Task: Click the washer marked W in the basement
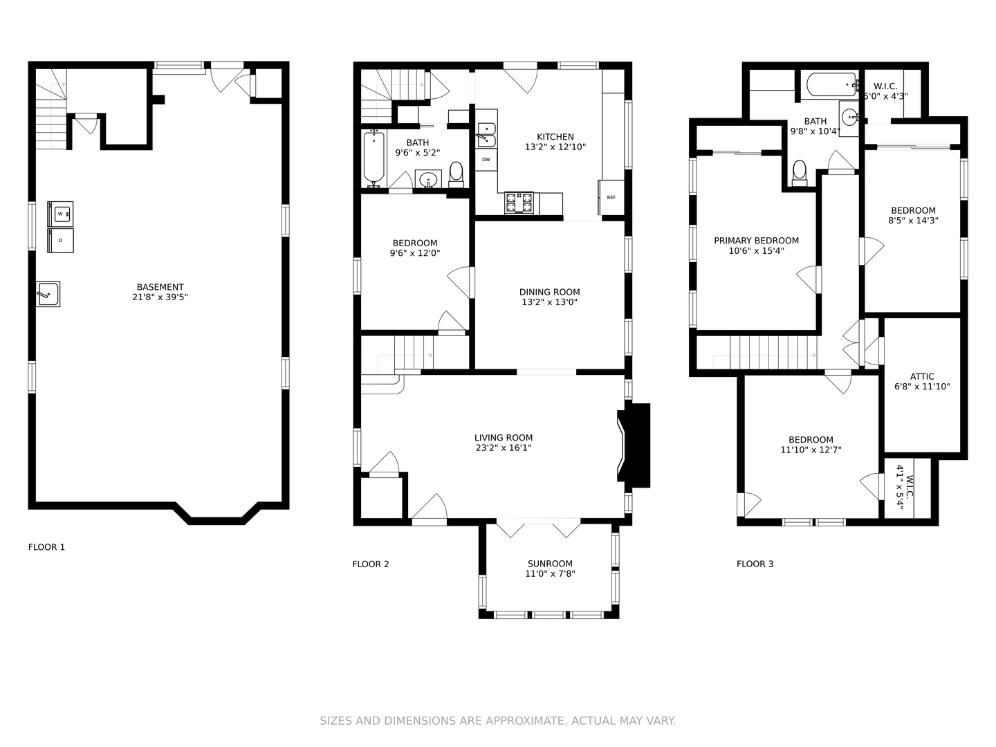click(60, 214)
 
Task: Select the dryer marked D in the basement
click(60, 241)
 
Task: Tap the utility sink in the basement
click(48, 294)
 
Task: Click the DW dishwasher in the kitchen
click(486, 159)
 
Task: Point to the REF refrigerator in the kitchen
click(611, 197)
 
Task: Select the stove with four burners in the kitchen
click(519, 203)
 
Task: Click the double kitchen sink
click(486, 135)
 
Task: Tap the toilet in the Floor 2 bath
click(456, 175)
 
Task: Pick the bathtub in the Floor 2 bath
click(374, 158)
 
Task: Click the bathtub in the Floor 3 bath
click(832, 85)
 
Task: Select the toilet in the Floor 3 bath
click(800, 173)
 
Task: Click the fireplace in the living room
click(634, 445)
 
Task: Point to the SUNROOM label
click(550, 564)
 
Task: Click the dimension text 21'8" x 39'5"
click(160, 297)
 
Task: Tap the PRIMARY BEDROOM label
click(757, 241)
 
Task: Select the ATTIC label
click(922, 376)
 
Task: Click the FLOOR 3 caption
click(755, 564)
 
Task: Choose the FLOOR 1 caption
click(47, 547)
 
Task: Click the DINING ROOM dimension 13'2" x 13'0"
click(549, 302)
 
